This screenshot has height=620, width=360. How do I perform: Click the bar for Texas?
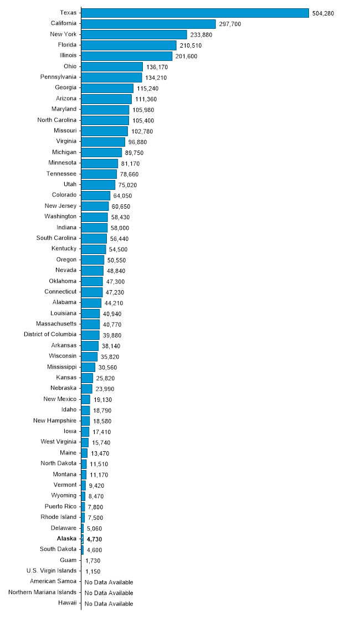click(195, 13)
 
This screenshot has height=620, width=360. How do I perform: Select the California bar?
click(148, 24)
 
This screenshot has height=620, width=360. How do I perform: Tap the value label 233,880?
click(201, 35)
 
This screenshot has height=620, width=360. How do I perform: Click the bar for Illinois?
click(127, 56)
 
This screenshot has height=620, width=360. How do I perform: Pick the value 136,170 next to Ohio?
click(157, 67)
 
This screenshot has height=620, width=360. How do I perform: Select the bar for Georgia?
click(107, 88)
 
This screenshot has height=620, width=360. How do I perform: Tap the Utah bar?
click(98, 184)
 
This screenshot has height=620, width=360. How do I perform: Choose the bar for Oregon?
click(92, 260)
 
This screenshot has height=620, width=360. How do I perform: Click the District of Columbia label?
click(50, 334)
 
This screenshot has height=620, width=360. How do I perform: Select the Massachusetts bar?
click(90, 324)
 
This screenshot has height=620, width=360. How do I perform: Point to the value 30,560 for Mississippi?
click(107, 368)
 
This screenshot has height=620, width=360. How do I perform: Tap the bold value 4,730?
click(94, 539)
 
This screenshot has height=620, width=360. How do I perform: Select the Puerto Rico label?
click(60, 507)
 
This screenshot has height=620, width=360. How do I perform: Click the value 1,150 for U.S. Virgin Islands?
click(92, 571)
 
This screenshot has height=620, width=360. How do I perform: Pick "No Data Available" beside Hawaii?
click(109, 603)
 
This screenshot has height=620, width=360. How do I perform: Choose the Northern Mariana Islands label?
click(43, 592)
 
